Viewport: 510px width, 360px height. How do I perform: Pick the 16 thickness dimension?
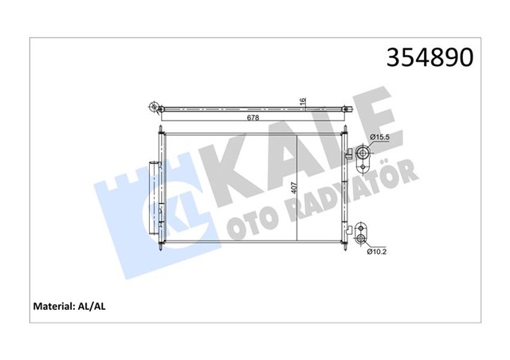click(302, 101)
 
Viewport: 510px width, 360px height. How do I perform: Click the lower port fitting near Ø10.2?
click(362, 237)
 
